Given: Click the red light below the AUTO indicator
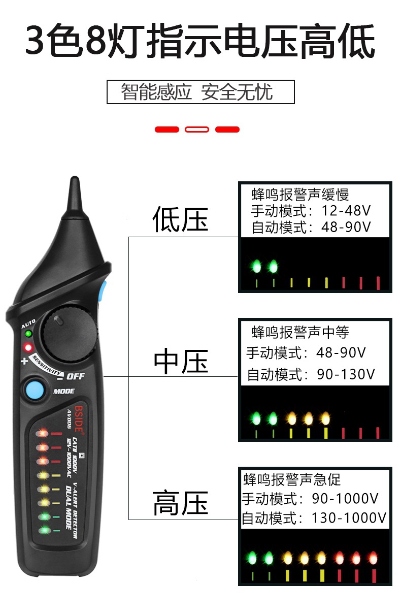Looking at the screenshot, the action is coord(28,348).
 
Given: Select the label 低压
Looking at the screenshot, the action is coord(180,219).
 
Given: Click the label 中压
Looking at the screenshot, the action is coord(181,362).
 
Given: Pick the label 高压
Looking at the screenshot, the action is coord(180,503).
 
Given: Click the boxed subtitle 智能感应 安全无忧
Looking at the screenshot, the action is coord(200,92).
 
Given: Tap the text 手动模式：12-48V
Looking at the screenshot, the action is coord(311,211).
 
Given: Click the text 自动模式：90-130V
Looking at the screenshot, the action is coord(311,375).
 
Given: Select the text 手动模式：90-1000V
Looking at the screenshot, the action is coord(310,499).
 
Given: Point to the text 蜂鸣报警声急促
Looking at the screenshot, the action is coord(292,479).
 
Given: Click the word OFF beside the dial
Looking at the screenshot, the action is coord(76,376).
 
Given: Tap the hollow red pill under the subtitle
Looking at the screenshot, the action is coord(197,130).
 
